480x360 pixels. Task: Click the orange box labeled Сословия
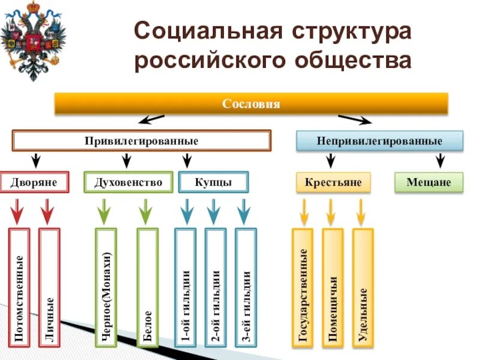251,103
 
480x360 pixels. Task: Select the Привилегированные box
142,141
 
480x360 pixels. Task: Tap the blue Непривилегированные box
380,141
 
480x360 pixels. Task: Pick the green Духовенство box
128,182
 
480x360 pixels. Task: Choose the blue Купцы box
213,182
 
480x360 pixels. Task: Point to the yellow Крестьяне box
333,182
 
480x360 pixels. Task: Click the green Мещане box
428,182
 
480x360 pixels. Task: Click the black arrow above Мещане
440,160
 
